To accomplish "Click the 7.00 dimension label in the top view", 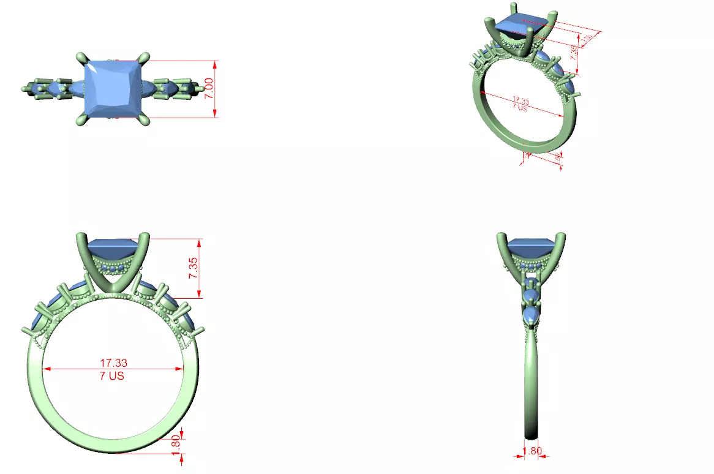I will pyautogui.click(x=209, y=89).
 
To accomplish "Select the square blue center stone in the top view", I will pyautogui.click(x=115, y=88).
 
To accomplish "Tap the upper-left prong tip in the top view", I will pyautogui.click(x=80, y=57).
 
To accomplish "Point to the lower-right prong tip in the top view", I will pyautogui.click(x=146, y=121).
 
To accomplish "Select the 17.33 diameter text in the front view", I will pyautogui.click(x=113, y=364).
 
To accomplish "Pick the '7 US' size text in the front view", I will pyautogui.click(x=112, y=375).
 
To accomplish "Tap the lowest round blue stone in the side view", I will pyautogui.click(x=531, y=316).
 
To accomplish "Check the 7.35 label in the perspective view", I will pyautogui.click(x=574, y=52).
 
